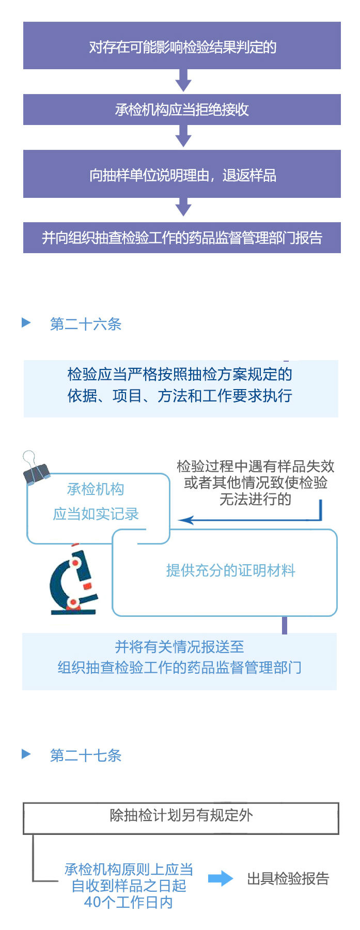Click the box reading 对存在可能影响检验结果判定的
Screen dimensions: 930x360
(x=182, y=46)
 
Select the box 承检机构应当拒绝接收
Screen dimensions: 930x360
(x=182, y=110)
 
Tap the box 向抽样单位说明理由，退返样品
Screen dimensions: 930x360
(x=182, y=175)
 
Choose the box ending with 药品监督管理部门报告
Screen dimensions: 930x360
(x=182, y=238)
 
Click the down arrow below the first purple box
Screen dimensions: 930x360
(x=183, y=81)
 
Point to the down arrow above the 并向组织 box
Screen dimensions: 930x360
(x=183, y=208)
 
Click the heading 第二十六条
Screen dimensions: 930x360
(x=86, y=324)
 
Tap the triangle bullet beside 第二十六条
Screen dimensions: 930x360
(x=26, y=323)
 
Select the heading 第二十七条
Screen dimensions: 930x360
(x=86, y=755)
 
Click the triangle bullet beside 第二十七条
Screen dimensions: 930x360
(x=26, y=754)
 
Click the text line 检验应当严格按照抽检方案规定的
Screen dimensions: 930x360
(x=180, y=374)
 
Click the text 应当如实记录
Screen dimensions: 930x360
(x=96, y=514)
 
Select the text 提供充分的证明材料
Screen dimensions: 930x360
(x=230, y=570)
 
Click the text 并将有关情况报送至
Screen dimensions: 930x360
(x=179, y=647)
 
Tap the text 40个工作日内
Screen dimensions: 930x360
(x=128, y=903)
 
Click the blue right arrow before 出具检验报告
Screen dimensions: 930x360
(x=221, y=878)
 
